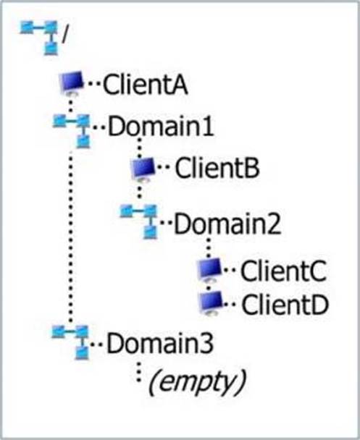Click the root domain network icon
click(x=39, y=38)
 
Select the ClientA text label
click(x=146, y=85)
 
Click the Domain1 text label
click(x=161, y=127)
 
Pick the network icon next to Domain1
click(x=72, y=130)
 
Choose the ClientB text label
click(x=217, y=168)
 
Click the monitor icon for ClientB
click(x=143, y=169)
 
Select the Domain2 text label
click(x=227, y=224)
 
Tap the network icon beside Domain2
click(x=139, y=221)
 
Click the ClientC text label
click(x=284, y=271)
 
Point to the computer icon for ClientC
click(x=210, y=270)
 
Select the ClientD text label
click(x=285, y=305)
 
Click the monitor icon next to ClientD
click(x=211, y=303)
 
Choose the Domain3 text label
click(x=160, y=344)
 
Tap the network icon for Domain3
click(x=70, y=342)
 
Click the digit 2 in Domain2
click(x=274, y=224)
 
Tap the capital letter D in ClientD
click(x=319, y=305)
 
